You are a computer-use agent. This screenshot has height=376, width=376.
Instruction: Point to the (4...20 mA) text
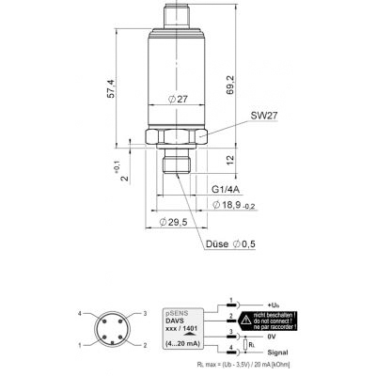point(180,345)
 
